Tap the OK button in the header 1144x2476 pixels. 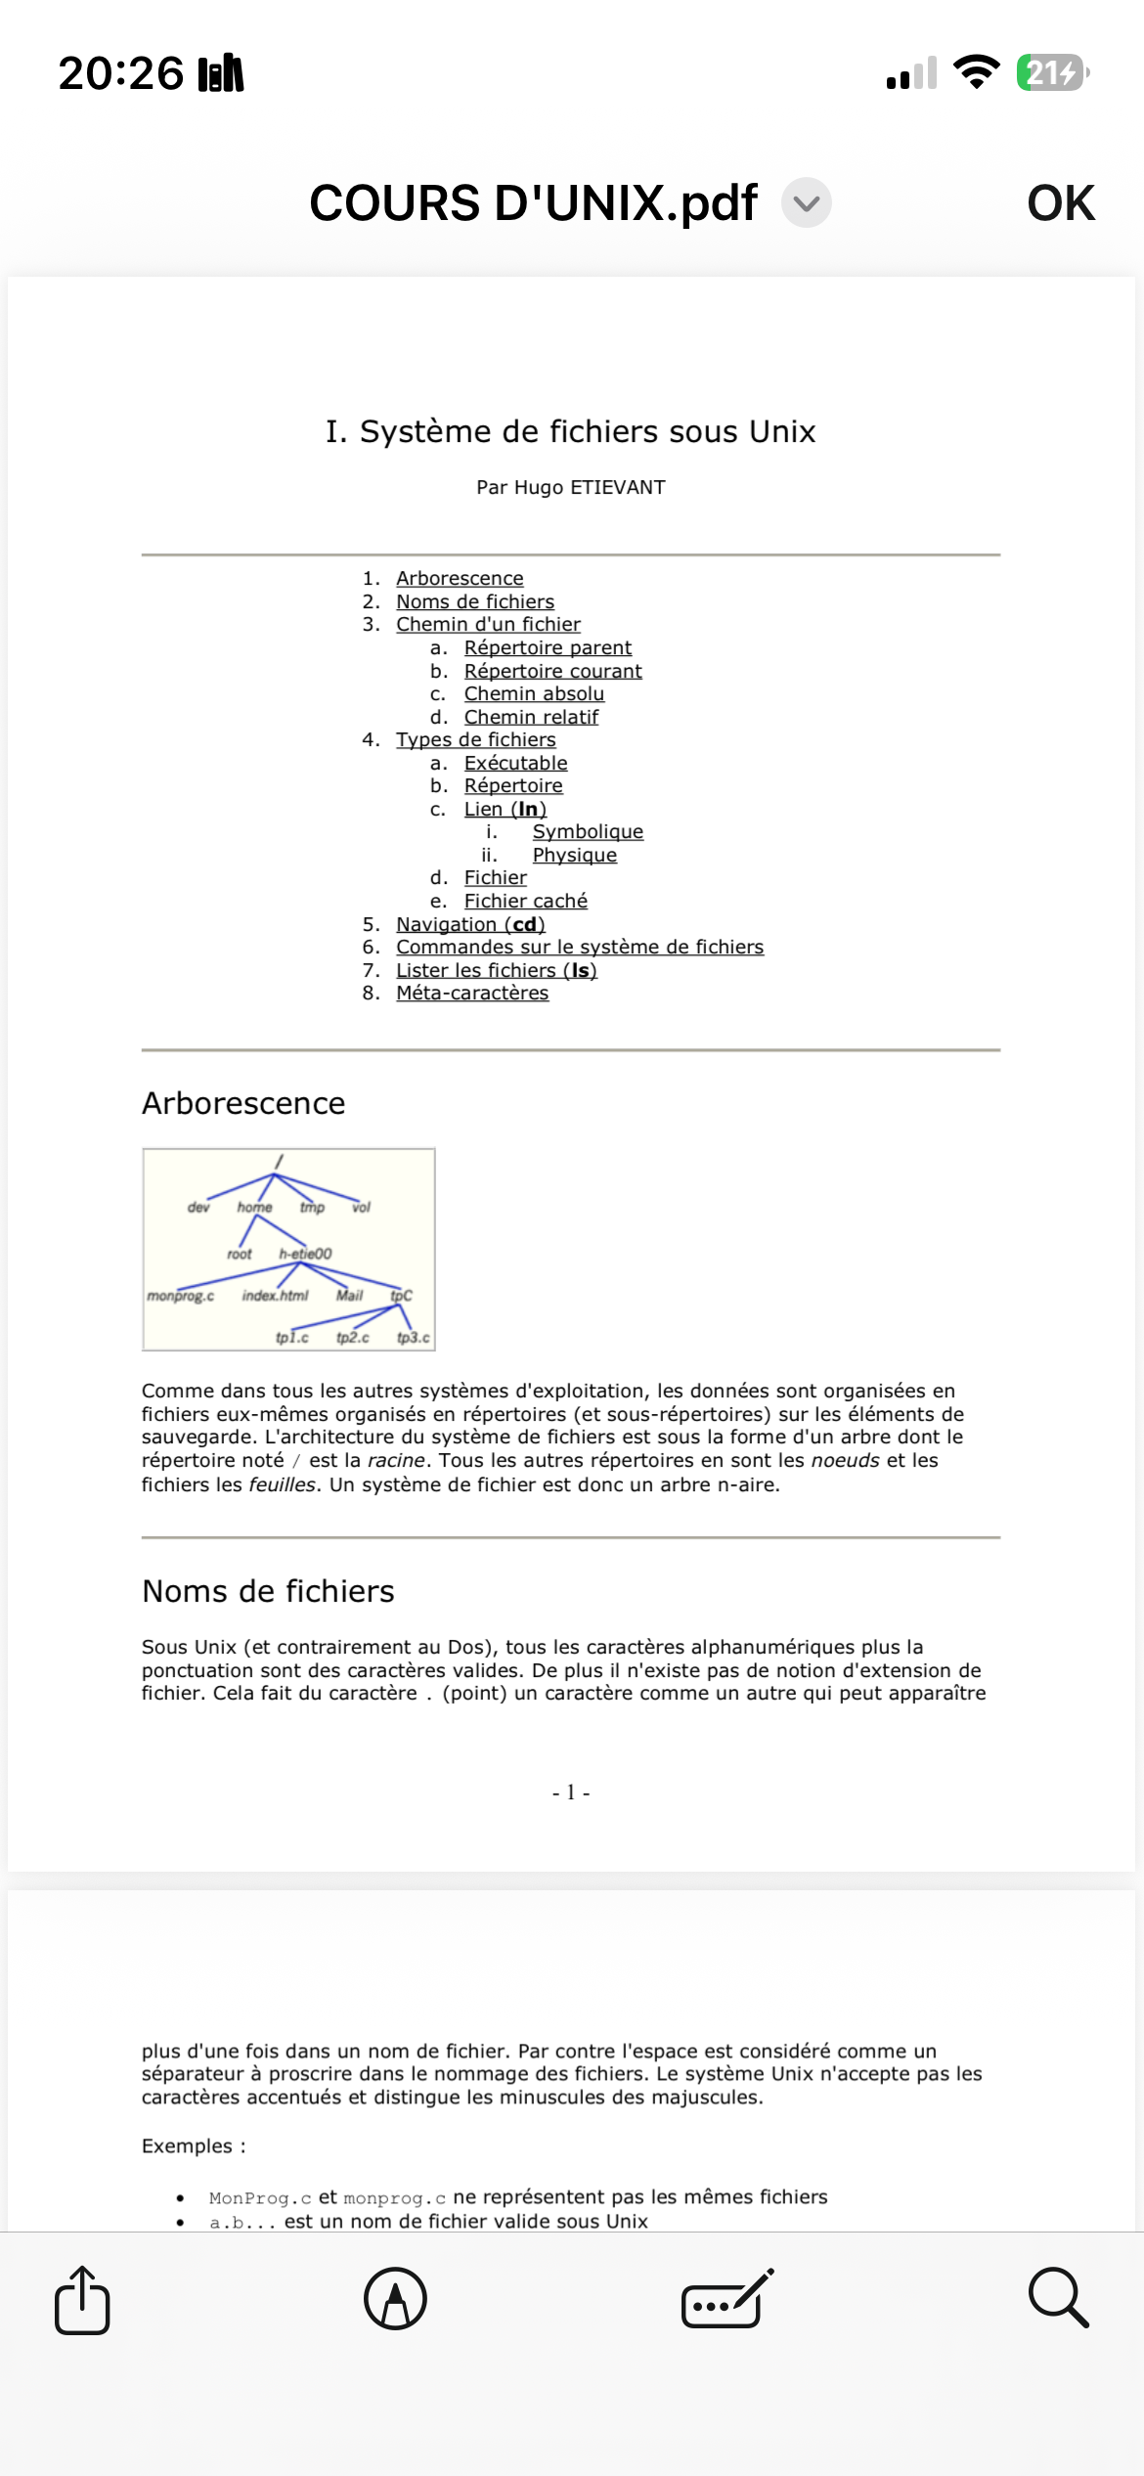coord(1060,203)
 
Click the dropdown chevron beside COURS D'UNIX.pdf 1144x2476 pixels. coord(807,203)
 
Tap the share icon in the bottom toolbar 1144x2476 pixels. coord(82,2299)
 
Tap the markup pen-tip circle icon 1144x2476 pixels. coord(395,2299)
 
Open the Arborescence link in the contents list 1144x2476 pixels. coord(460,578)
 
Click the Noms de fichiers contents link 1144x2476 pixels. coord(475,601)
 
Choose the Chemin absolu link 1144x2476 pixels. coord(534,693)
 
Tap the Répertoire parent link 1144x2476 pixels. coord(548,647)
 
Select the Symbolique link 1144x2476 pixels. coord(588,831)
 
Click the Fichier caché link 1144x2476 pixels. coord(525,901)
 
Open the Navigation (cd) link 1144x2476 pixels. coord(470,924)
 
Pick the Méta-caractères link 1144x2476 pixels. coord(472,993)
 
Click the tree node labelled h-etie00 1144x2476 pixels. coord(305,1254)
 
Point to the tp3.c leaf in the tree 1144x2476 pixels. coord(413,1337)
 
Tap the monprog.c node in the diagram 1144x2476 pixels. coord(181,1296)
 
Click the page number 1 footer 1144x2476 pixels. coord(571,1792)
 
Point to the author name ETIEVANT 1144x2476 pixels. coord(618,487)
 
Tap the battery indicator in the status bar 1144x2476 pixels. coord(1052,72)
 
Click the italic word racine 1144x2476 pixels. coord(396,1460)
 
